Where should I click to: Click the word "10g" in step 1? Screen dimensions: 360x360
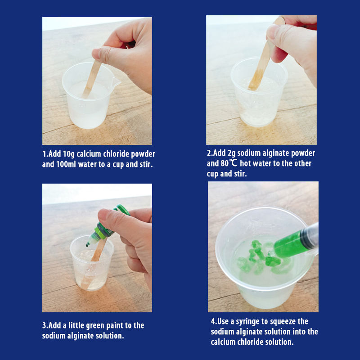69,154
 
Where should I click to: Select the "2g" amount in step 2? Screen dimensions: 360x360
231,153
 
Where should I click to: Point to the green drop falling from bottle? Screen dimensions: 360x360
87,245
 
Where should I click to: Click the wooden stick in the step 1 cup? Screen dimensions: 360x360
92,78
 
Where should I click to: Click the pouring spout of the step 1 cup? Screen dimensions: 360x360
117,81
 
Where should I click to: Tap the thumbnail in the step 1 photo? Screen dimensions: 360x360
96,53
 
